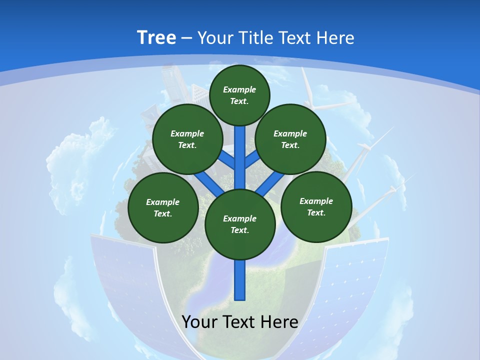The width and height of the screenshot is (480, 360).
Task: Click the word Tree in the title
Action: (156, 37)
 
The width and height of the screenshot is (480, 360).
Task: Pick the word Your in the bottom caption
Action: (200, 322)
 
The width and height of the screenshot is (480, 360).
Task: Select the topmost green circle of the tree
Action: (239, 95)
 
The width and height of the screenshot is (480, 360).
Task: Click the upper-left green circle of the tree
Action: (187, 139)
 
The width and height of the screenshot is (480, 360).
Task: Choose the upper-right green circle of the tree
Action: (290, 139)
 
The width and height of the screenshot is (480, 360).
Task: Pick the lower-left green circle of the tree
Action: (163, 207)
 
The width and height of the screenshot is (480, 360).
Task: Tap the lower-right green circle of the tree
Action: (316, 206)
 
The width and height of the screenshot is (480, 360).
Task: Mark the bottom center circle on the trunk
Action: (240, 224)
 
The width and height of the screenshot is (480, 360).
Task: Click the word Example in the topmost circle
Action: (239, 89)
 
